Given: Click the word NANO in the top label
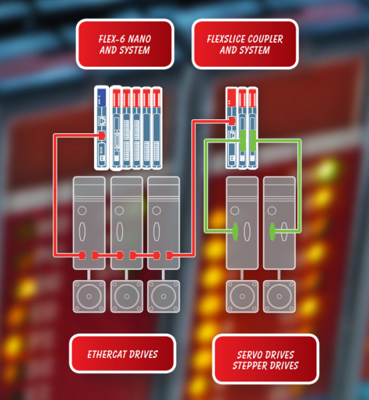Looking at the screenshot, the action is tap(139, 39).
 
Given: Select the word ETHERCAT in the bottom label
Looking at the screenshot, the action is tap(107, 355).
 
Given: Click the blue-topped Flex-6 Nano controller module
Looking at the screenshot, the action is tap(101, 128).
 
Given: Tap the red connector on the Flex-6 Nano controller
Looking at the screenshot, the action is tap(102, 135).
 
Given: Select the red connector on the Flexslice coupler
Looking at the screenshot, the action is tap(232, 121).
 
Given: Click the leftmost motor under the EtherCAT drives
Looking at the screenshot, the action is tap(89, 296).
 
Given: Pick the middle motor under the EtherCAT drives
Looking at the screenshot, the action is tap(127, 296).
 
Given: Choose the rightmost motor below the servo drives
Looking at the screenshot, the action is tap(279, 296).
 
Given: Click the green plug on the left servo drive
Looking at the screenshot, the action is tap(235, 231).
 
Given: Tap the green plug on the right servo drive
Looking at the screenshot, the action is tap(272, 231).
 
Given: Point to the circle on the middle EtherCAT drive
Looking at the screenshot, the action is tap(119, 211).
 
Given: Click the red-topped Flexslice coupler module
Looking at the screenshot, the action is tap(231, 128).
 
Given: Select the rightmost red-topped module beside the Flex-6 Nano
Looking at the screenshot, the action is tap(157, 128).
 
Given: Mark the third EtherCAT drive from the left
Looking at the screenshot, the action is tap(163, 223).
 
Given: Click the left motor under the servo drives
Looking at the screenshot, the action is tap(242, 296).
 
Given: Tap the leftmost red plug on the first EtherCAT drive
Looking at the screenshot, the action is tap(82, 255).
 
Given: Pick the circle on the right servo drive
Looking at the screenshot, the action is tap(272, 211).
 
